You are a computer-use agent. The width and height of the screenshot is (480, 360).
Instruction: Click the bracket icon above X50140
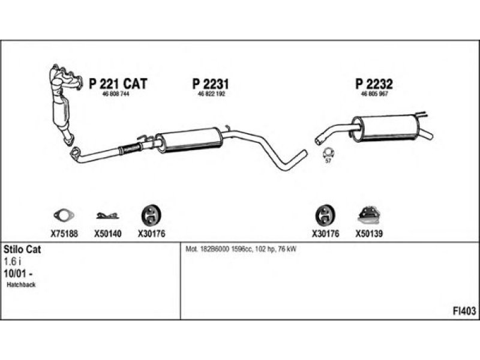(108, 215)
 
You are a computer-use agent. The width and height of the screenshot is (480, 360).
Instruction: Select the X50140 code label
(108, 234)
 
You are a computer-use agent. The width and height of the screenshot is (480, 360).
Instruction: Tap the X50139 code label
(370, 234)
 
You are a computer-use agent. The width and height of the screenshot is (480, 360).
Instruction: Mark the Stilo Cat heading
(22, 249)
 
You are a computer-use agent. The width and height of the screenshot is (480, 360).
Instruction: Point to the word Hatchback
(21, 285)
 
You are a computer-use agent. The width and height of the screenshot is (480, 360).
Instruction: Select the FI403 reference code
(464, 311)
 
